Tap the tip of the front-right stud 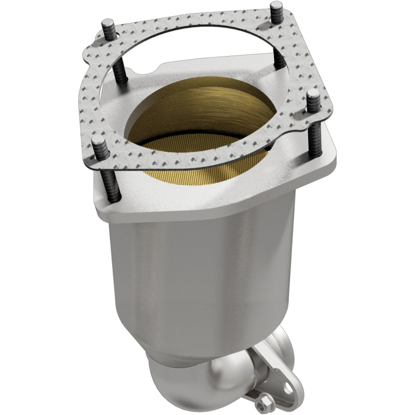pos(313,95)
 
